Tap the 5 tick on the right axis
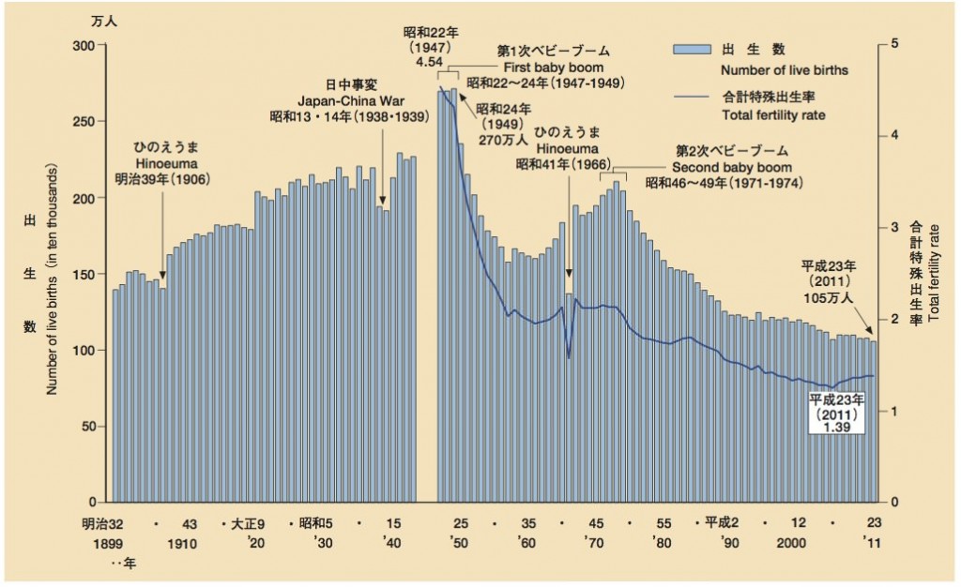[895, 44]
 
